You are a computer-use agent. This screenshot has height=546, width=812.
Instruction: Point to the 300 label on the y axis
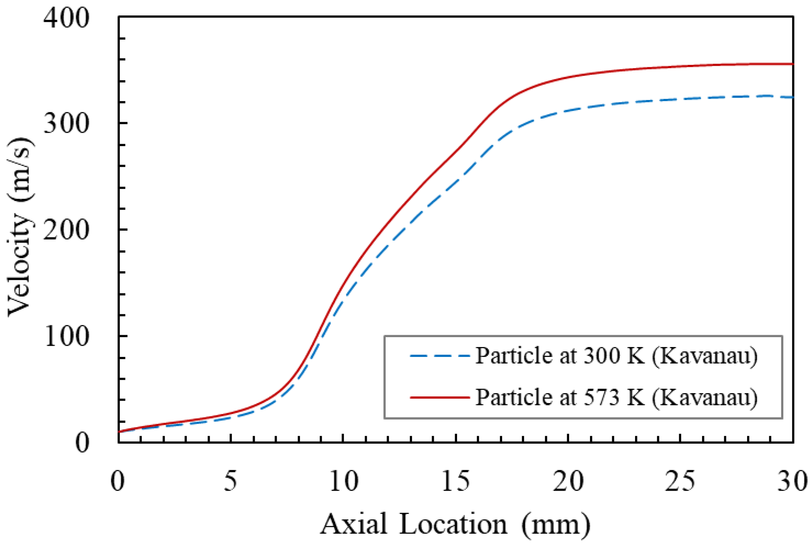click(x=66, y=124)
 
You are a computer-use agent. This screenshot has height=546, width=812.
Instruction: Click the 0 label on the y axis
click(x=82, y=443)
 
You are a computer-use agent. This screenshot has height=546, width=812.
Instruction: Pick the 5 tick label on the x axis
click(x=230, y=481)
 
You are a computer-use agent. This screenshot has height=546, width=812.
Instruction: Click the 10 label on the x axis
click(x=343, y=481)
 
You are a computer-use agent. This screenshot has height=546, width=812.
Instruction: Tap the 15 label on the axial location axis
click(x=455, y=481)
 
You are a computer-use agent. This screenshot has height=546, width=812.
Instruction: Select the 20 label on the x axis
click(x=568, y=481)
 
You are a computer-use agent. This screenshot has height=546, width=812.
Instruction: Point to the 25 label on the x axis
click(x=680, y=481)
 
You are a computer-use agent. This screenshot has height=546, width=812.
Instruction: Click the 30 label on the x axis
click(x=792, y=481)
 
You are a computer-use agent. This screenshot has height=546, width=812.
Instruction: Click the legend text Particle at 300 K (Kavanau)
click(x=616, y=356)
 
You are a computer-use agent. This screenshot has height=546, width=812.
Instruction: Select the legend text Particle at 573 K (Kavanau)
click(x=616, y=397)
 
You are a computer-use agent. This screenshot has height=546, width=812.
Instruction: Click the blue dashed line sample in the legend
click(x=440, y=356)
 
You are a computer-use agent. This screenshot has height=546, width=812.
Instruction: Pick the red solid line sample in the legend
click(x=440, y=397)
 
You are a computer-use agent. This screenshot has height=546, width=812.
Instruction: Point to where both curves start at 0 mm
click(x=119, y=432)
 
